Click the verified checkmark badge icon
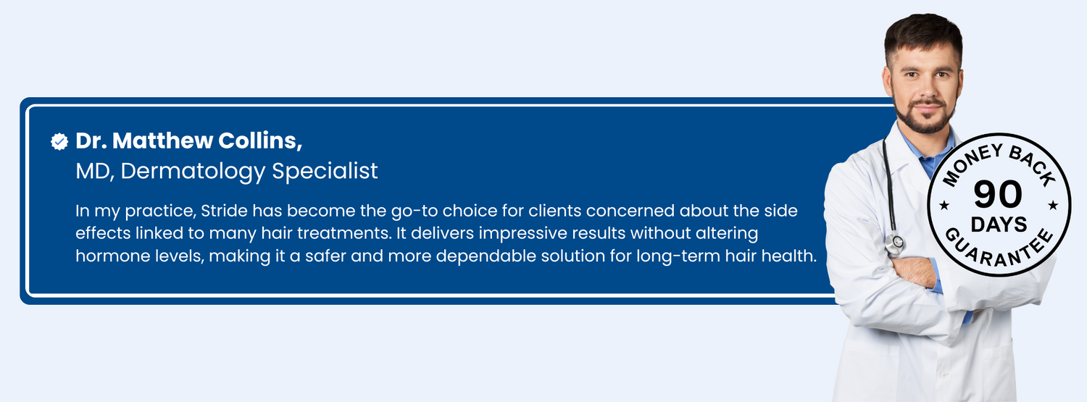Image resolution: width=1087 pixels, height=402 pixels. coord(59,141)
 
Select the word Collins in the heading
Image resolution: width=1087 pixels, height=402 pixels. coord(260,141)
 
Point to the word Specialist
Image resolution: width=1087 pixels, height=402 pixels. coord(325,171)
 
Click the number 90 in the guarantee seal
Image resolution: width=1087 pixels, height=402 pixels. coord(998,195)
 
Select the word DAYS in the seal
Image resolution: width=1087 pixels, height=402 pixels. coord(999,225)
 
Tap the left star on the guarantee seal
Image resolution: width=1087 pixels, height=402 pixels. coord(944,206)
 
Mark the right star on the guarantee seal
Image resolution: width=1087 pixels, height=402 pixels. coord(1053,206)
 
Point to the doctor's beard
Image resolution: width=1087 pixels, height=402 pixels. coord(925,117)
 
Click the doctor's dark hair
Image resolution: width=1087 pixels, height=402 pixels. coord(923,34)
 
